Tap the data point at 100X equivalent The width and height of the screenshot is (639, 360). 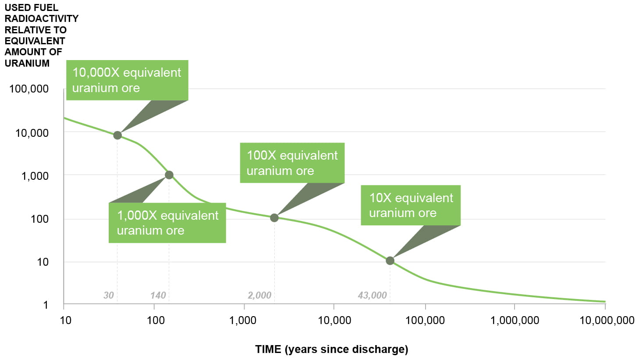274,217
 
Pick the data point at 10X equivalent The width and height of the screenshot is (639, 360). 390,261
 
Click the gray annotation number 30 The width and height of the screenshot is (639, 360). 109,295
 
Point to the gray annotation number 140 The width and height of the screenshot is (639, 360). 158,295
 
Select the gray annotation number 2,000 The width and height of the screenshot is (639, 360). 259,295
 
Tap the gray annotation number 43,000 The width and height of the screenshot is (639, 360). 372,295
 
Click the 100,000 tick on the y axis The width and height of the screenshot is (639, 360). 29,89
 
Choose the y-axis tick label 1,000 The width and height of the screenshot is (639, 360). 35,176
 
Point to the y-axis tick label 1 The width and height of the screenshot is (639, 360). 46,305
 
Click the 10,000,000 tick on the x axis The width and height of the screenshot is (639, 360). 607,321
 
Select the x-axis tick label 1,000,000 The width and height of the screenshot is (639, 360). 515,321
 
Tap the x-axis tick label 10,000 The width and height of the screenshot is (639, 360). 334,321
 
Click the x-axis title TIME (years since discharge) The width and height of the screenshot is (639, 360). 331,349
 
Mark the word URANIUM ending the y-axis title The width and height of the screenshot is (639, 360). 27,63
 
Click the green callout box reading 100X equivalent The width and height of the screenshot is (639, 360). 292,163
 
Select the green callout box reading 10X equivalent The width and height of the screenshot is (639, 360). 410,205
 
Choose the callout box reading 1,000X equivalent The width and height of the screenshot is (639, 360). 167,223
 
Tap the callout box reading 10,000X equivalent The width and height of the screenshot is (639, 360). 127,80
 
